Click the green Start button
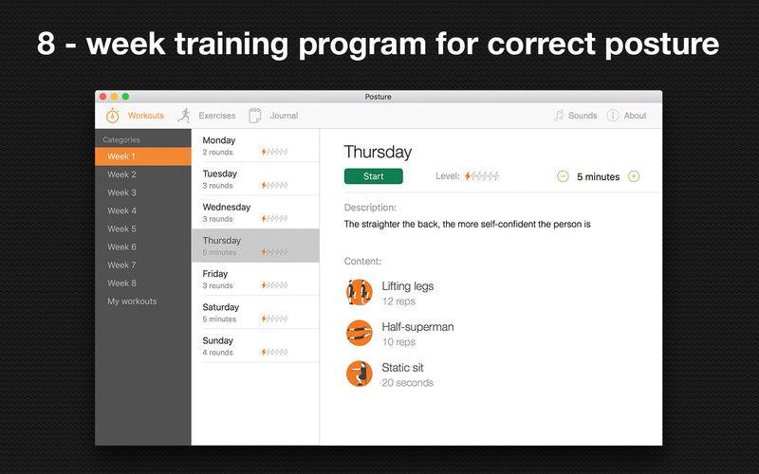click(373, 176)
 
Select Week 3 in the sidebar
click(122, 192)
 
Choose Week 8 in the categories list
click(122, 283)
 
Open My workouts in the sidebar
click(132, 301)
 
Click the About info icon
click(613, 116)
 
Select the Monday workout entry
click(255, 146)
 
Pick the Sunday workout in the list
click(255, 346)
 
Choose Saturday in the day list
click(255, 313)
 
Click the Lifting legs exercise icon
click(360, 293)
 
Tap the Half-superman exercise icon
click(360, 334)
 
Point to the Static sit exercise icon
click(360, 374)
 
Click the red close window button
click(102, 97)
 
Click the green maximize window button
click(125, 97)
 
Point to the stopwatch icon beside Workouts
click(112, 115)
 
